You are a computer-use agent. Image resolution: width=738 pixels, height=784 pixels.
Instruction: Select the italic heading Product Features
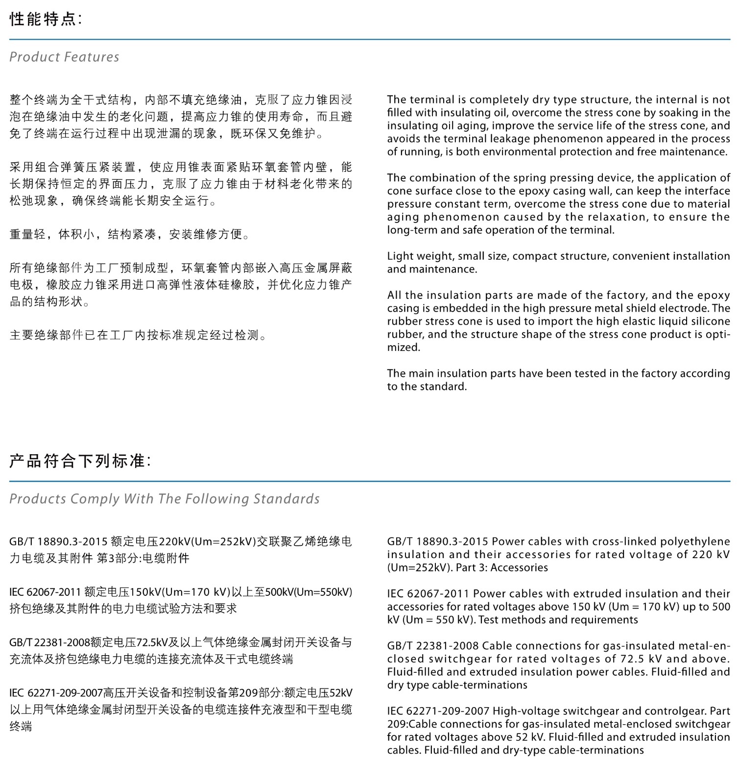(64, 57)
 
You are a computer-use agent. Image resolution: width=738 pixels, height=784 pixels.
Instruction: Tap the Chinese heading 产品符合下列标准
(80, 461)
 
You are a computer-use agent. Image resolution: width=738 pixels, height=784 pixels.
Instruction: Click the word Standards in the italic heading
(286, 499)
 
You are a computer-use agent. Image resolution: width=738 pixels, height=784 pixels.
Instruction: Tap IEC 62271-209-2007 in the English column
(438, 711)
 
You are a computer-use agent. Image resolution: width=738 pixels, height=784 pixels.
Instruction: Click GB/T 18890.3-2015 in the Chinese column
(58, 541)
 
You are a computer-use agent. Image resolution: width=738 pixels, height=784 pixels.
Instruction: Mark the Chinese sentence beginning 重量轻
(130, 234)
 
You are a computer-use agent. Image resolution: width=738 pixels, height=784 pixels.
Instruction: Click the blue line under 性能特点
(369, 39)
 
